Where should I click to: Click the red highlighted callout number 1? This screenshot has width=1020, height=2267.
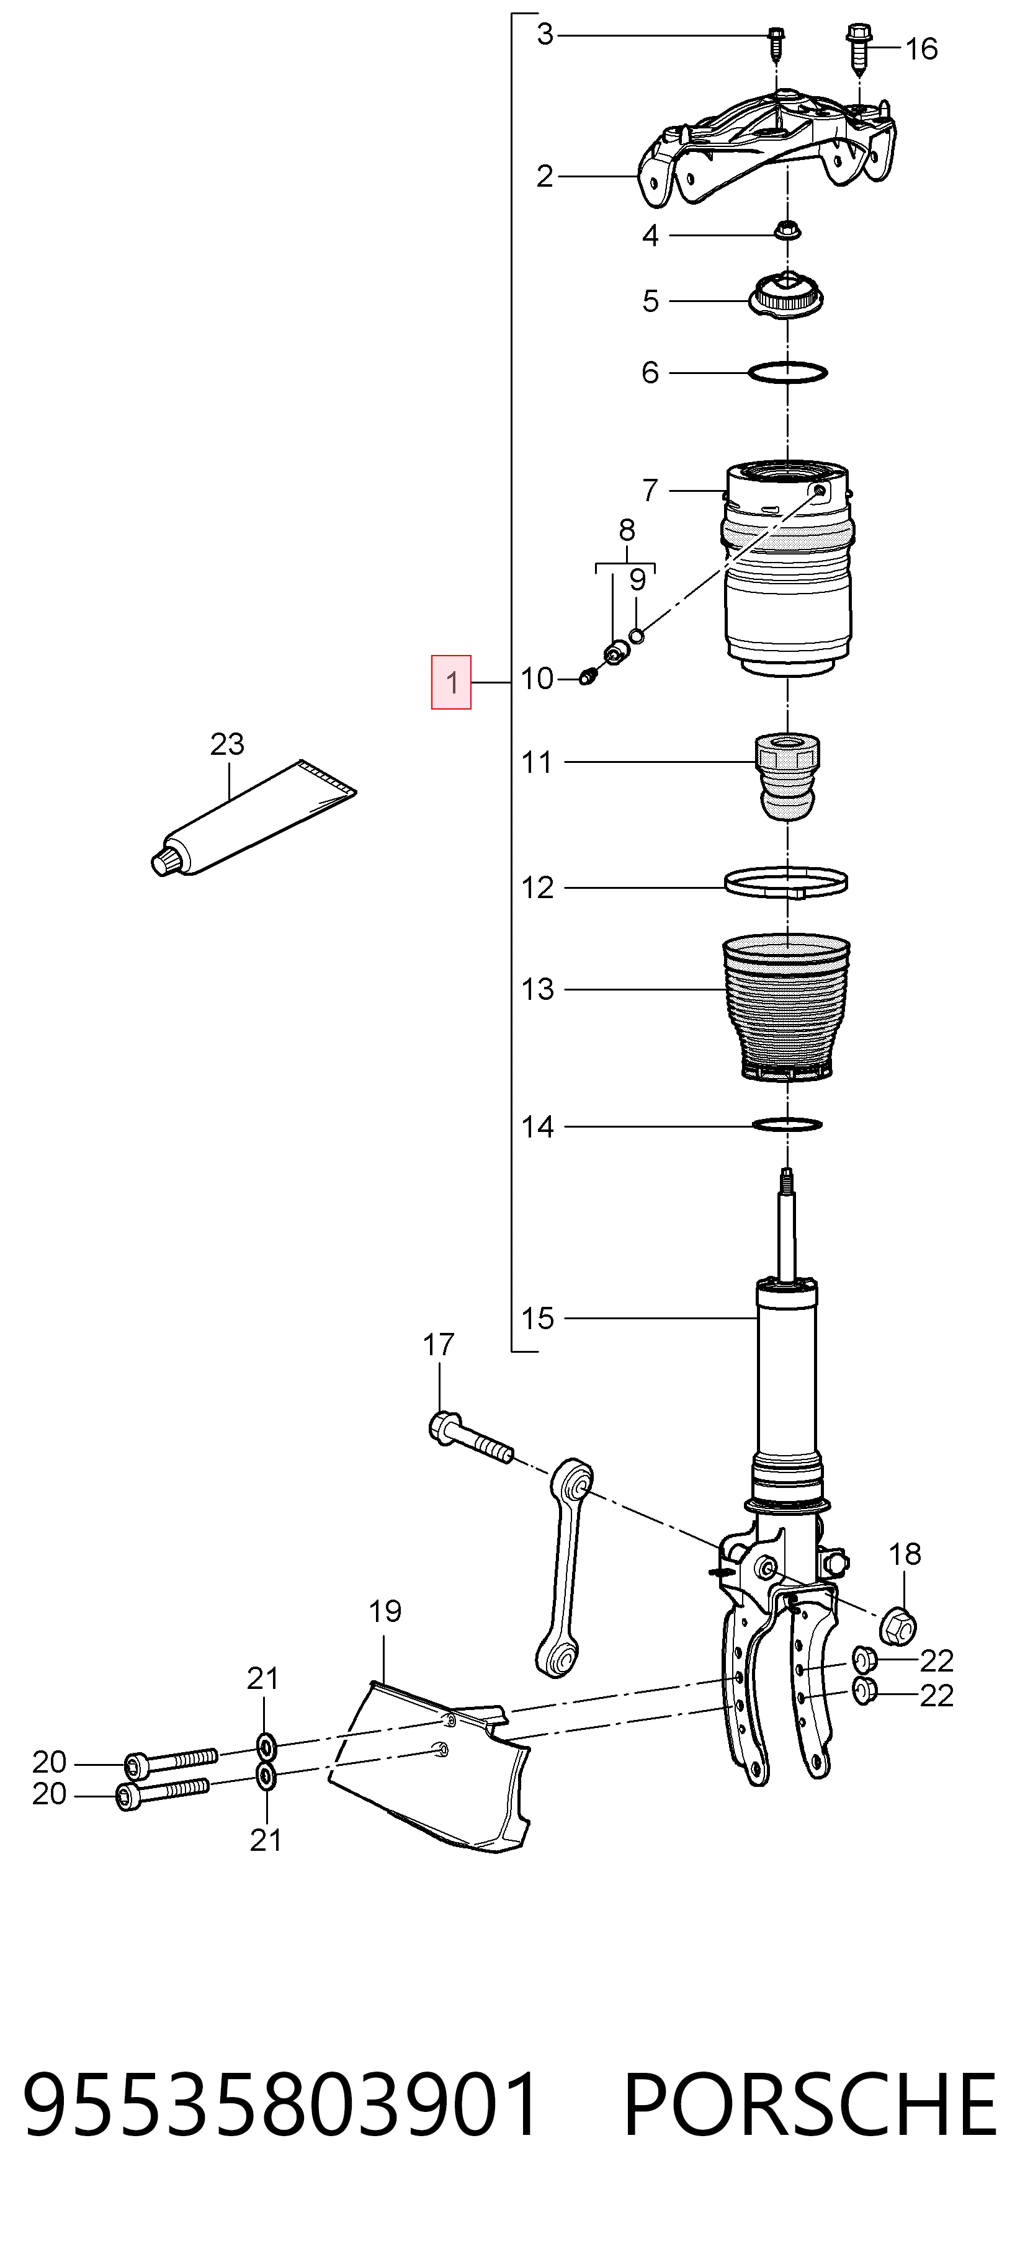450,682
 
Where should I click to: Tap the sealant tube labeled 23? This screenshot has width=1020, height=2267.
254,819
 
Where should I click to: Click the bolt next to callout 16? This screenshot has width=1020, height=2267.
859,48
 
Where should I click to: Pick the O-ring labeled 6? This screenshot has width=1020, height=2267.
788,372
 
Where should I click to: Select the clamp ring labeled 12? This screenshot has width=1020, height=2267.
786,883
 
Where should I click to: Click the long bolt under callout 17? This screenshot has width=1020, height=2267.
471,1437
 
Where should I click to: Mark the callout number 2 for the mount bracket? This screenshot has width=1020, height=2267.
545,176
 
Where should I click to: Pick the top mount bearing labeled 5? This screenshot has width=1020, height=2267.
787,296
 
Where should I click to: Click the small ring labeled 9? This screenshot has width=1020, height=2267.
637,635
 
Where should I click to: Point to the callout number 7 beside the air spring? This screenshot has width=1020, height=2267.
650,489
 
